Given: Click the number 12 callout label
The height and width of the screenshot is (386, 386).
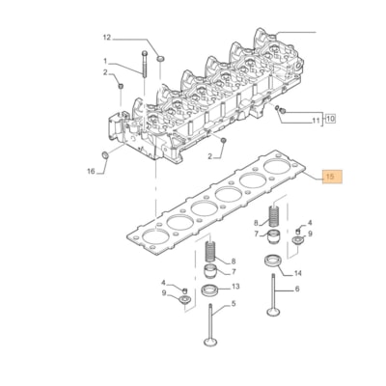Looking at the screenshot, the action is (x=108, y=38).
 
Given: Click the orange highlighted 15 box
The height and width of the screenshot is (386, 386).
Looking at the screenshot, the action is (x=330, y=178).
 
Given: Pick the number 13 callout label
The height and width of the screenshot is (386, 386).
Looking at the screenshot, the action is (x=234, y=289).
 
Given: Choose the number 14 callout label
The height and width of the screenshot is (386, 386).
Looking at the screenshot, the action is (x=297, y=274).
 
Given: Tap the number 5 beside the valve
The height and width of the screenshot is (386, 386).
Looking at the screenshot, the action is (x=233, y=308).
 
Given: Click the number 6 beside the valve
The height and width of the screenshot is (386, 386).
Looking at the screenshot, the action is (x=297, y=289).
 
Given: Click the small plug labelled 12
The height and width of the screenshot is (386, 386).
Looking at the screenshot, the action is (x=159, y=60).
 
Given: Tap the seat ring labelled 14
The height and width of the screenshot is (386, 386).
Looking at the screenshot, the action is (x=271, y=259).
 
